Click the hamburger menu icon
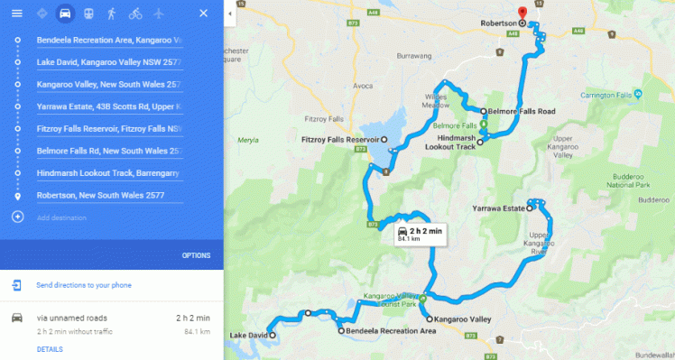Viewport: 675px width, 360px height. pos(16,14)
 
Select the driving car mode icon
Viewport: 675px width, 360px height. pos(64,14)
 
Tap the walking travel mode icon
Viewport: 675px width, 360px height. pos(111,14)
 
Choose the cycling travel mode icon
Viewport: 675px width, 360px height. pos(134,14)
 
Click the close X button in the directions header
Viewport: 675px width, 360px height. pos(203,14)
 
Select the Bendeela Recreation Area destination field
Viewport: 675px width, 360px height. pos(109,41)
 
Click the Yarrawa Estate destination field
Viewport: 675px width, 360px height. pos(109,106)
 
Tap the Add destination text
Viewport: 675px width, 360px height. pos(62,217)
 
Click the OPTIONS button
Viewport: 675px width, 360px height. pos(196,255)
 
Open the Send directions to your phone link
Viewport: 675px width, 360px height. pos(84,285)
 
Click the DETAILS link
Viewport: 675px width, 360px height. pos(50,349)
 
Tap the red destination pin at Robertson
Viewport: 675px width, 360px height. pos(534,17)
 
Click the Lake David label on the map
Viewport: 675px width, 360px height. pos(248,336)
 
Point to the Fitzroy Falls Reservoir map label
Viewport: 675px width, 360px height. pos(340,140)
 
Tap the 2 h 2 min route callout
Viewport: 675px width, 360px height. pos(419,235)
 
